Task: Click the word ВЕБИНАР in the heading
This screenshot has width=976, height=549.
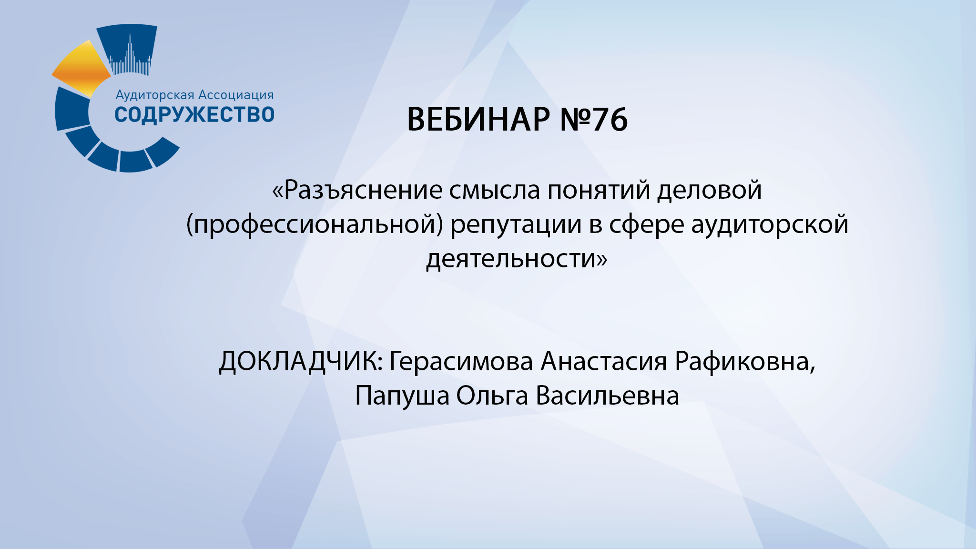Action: click(x=478, y=119)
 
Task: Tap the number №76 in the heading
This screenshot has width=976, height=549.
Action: click(x=594, y=119)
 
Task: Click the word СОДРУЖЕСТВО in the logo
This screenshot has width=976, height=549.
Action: click(x=194, y=115)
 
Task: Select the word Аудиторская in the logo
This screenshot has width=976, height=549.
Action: click(x=155, y=95)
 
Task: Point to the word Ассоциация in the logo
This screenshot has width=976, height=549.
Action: click(x=236, y=95)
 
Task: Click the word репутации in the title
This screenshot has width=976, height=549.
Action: click(x=516, y=224)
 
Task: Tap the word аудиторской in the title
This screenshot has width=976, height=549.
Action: click(x=770, y=224)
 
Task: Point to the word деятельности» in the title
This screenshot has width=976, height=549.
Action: click(x=517, y=259)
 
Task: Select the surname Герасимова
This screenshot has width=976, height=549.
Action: click(x=461, y=362)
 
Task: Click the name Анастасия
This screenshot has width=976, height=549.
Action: click(x=603, y=362)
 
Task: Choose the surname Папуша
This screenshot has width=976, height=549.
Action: click(x=402, y=396)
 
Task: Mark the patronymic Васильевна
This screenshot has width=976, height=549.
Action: click(x=607, y=396)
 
